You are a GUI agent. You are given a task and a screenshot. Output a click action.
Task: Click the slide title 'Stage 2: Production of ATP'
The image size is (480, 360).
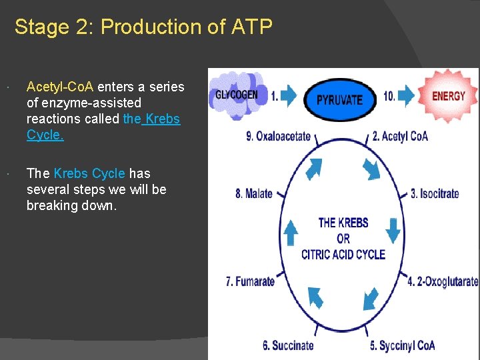tap(143, 27)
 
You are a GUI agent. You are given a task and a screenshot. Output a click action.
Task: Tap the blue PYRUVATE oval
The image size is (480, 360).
tap(339, 99)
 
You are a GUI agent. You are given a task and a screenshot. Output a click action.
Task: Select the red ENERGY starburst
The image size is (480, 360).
tap(448, 96)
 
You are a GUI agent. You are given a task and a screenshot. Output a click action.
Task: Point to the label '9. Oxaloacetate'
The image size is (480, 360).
tap(279, 137)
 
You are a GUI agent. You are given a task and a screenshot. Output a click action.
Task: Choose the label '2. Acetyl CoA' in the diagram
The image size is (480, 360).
tap(400, 137)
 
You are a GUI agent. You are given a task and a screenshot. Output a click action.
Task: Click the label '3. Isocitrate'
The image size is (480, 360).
tap(435, 194)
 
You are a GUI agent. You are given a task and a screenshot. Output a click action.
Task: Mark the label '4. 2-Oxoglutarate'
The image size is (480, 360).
tap(443, 281)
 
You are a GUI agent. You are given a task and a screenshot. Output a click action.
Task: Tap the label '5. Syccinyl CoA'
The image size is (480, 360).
tap(402, 345)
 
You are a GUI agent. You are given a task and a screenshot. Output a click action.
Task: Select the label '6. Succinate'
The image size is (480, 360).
tap(288, 345)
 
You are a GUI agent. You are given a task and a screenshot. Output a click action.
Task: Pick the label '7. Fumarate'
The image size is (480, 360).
tap(251, 281)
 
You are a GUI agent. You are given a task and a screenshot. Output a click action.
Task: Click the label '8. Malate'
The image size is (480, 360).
tap(254, 194)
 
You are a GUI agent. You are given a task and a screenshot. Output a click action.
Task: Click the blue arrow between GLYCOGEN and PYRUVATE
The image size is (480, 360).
tap(289, 96)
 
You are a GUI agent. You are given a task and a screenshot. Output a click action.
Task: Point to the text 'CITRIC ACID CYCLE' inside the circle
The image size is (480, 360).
tap(343, 254)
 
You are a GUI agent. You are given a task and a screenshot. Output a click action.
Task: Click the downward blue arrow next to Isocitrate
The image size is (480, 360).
tap(393, 231)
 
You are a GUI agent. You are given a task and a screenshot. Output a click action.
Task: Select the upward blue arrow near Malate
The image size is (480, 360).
tap(291, 233)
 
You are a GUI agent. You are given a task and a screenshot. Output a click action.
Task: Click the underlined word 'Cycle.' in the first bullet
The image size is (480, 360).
tap(45, 135)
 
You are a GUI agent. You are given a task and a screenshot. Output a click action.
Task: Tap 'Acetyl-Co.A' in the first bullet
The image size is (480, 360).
tap(61, 87)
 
